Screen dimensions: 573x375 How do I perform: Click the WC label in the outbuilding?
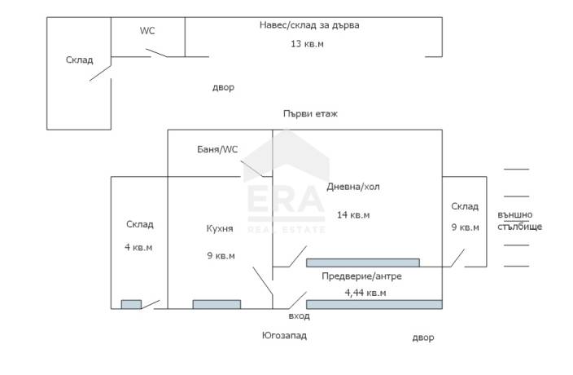[147, 31]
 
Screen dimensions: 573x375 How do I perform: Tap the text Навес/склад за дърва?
[309, 25]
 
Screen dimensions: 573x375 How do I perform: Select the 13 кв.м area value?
[307, 44]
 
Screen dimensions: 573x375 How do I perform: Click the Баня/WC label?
[217, 149]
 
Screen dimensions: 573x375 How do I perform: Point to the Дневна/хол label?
[353, 187]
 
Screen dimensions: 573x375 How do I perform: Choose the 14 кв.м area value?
[353, 214]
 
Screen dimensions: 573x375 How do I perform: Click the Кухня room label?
[220, 228]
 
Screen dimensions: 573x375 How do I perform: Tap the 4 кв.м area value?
[138, 247]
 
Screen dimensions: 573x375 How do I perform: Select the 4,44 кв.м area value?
[365, 293]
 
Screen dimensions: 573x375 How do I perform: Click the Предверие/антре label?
[361, 276]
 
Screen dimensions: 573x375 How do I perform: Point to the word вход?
[299, 315]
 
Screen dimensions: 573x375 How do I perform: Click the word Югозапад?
[284, 335]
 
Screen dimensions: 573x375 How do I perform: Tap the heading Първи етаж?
[310, 114]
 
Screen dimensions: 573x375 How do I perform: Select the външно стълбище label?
[519, 221]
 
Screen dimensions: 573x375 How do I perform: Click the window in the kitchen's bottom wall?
[217, 304]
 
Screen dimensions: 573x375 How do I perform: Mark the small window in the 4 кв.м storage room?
[131, 304]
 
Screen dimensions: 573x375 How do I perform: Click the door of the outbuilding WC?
[156, 53]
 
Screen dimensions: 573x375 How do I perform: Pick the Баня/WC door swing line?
[252, 169]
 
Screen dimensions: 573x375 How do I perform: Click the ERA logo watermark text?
[286, 199]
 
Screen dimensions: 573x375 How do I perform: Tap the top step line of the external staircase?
[516, 170]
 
